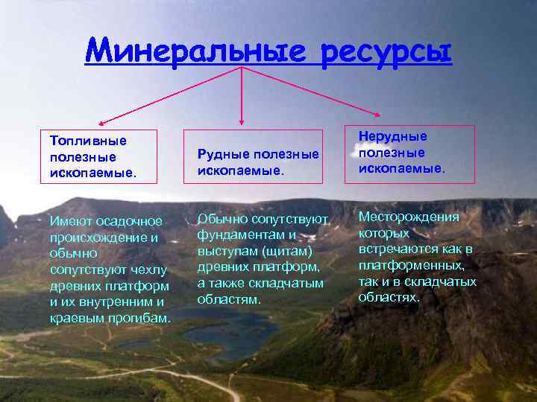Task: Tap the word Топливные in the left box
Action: (88, 140)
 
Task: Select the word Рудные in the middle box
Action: (221, 153)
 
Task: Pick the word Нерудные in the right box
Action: (393, 136)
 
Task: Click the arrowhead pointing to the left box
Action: (102, 121)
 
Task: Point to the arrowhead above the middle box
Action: (242, 120)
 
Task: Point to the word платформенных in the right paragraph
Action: (412, 265)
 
